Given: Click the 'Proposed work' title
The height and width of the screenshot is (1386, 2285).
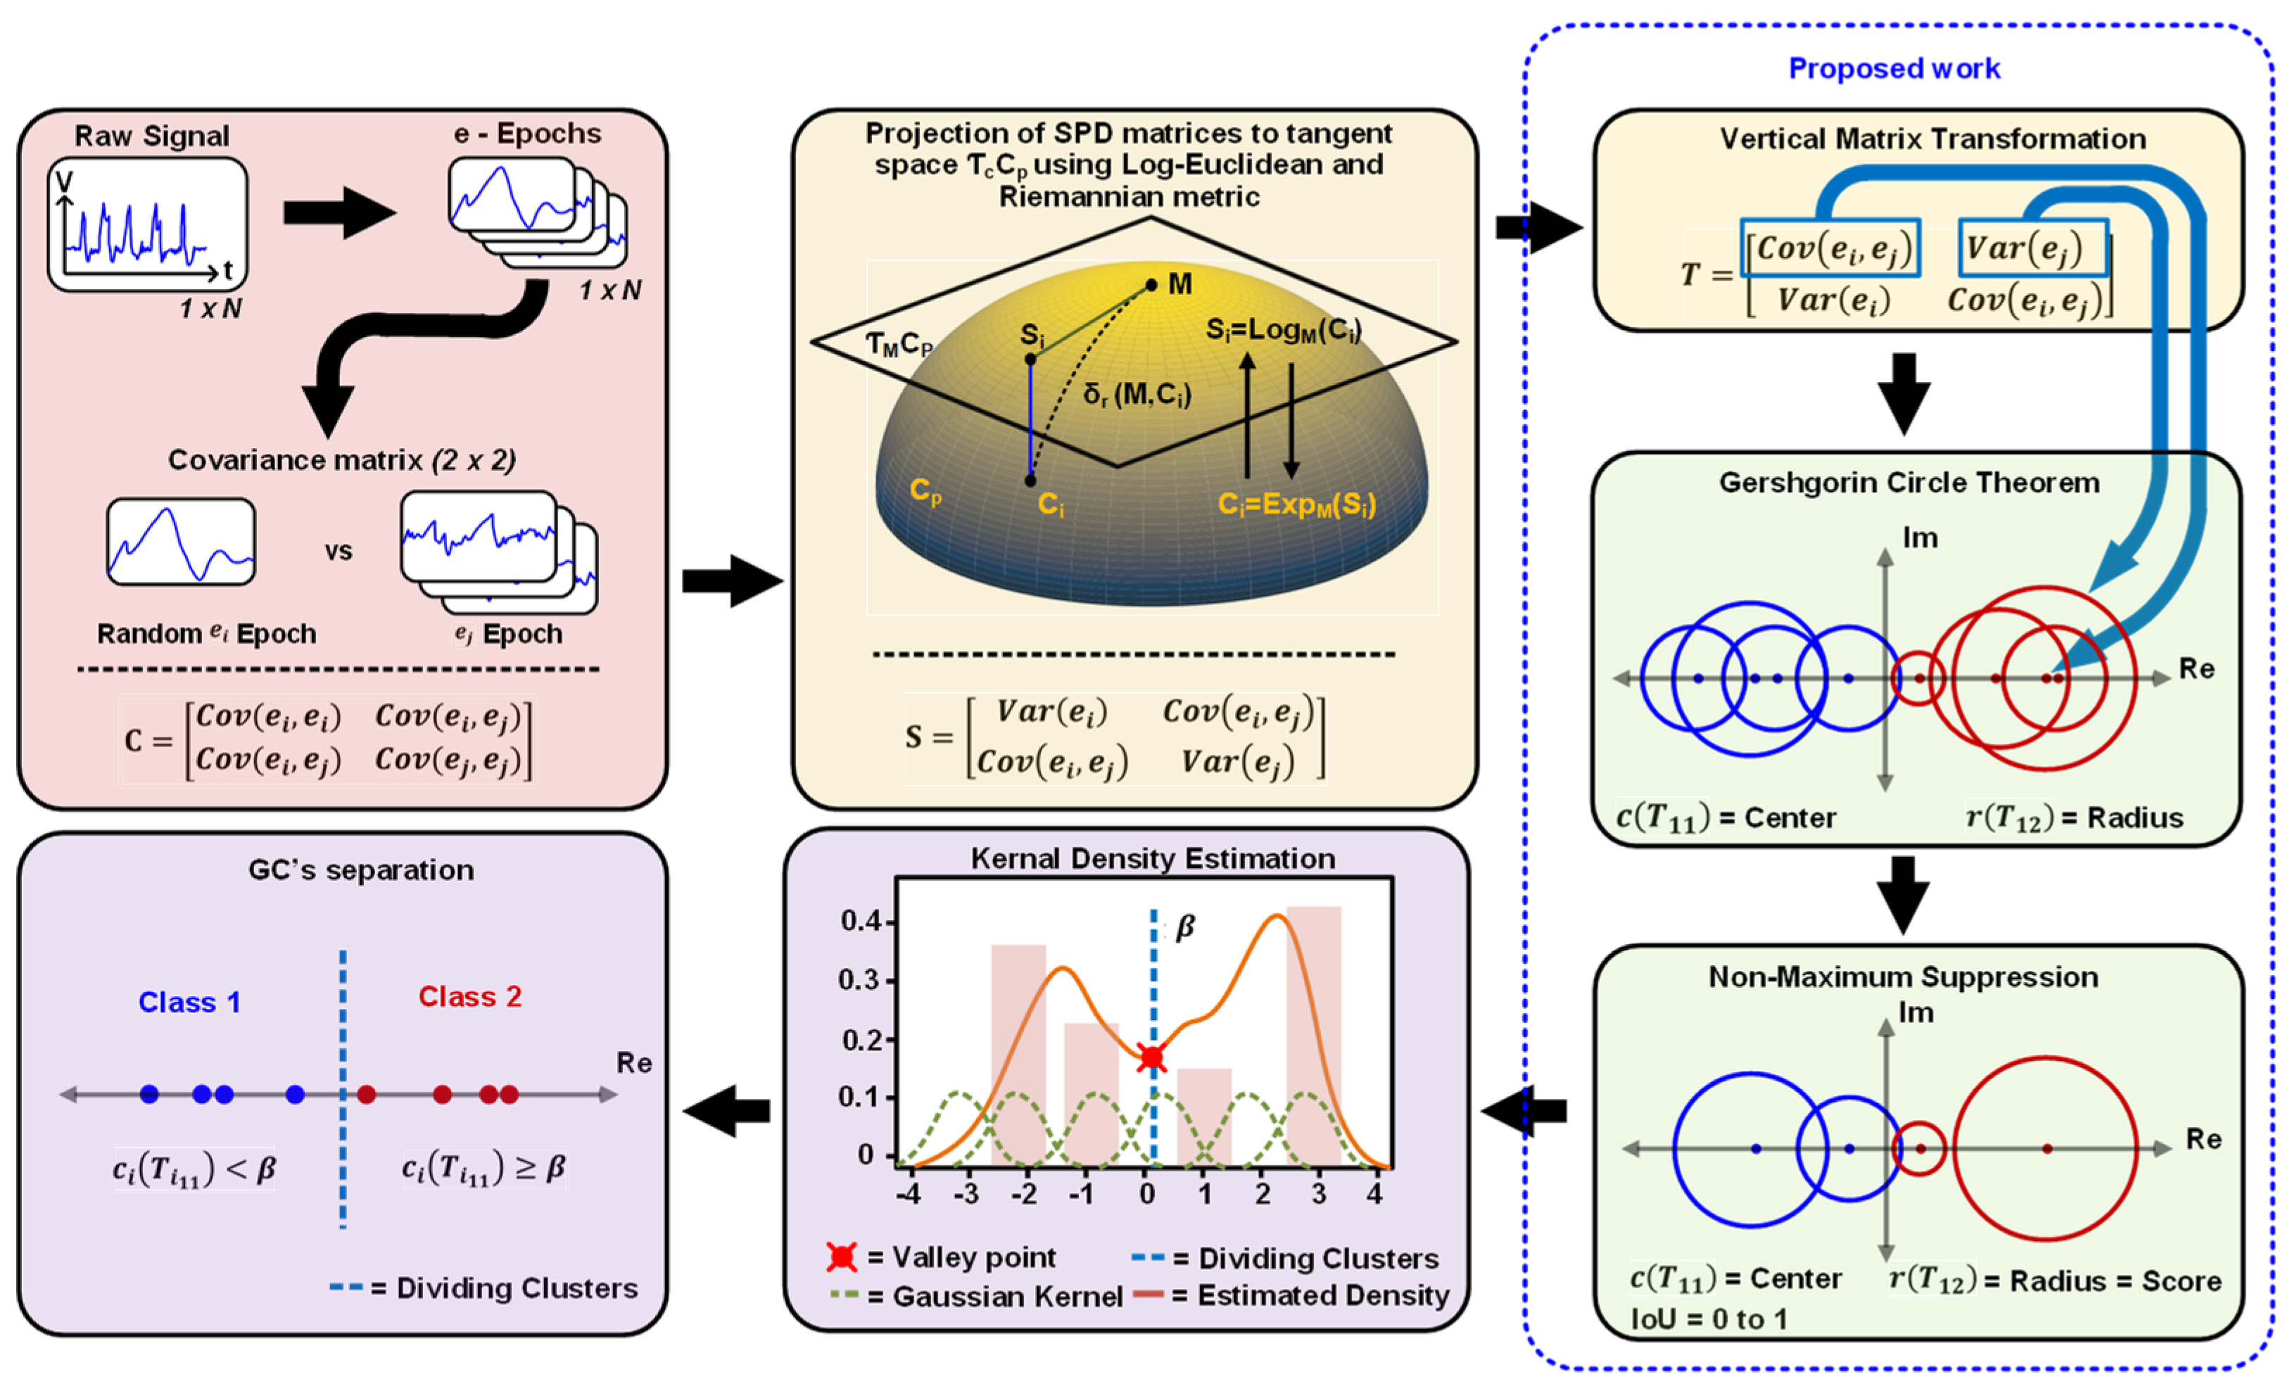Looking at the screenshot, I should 1894,69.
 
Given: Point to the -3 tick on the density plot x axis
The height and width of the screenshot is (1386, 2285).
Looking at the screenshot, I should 966,1193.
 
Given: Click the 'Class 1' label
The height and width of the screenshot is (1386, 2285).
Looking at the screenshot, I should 189,1002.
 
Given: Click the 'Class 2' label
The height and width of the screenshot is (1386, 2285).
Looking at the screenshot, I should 470,997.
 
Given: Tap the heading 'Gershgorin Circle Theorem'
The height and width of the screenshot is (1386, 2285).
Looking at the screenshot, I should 1909,483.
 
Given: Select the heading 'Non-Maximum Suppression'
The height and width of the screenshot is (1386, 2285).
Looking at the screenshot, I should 1903,977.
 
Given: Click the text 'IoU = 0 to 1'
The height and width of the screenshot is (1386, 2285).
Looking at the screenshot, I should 1709,1318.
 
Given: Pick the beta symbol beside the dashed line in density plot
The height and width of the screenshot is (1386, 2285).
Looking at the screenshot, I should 1184,927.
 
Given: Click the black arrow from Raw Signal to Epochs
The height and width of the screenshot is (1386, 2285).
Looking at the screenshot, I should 338,212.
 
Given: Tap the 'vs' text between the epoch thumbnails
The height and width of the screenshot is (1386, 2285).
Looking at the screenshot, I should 338,552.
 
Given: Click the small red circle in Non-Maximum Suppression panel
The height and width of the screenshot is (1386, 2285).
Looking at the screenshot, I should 1918,1149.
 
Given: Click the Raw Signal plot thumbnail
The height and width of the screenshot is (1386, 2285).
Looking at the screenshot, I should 148,224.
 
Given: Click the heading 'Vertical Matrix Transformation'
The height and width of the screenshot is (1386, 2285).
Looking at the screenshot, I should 1932,139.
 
